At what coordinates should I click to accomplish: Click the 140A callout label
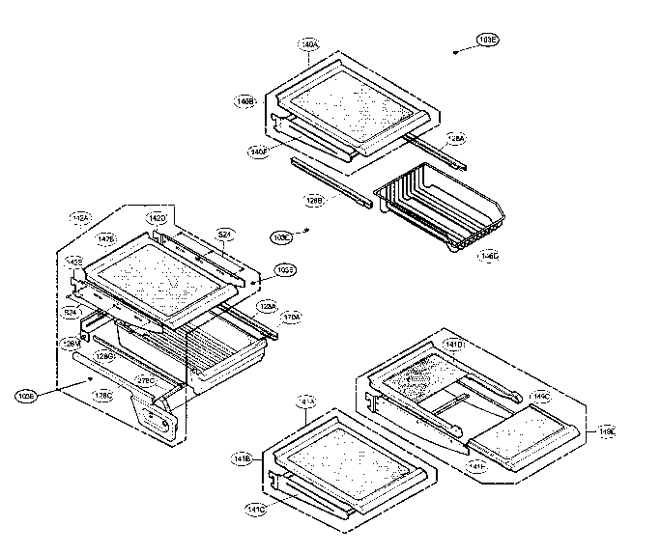coord(309,44)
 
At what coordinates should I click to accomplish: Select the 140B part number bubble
coord(245,100)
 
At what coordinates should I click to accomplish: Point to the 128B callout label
coord(315,202)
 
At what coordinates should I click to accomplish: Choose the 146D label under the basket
coord(489,256)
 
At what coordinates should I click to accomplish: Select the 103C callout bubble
coord(281,235)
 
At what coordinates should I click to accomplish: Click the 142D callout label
coord(156,219)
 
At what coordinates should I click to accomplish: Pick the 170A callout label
coord(291,316)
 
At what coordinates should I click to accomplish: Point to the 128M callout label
coord(72,343)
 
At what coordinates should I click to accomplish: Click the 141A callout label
coord(306,399)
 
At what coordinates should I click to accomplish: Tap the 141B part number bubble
coord(244,460)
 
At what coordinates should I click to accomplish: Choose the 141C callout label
coord(255,509)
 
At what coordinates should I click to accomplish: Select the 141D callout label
coord(451,344)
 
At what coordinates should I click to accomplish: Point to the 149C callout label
coord(538,396)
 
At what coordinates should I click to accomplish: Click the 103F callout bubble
coord(284,269)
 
